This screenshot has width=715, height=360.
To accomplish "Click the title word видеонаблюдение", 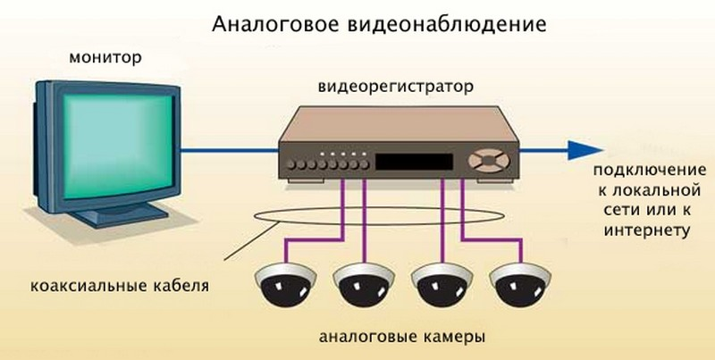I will (416, 21).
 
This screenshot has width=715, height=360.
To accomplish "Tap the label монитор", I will (105, 59).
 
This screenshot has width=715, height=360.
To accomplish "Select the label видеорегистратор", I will (394, 88).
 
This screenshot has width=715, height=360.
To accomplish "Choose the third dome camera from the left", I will (441, 285).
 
